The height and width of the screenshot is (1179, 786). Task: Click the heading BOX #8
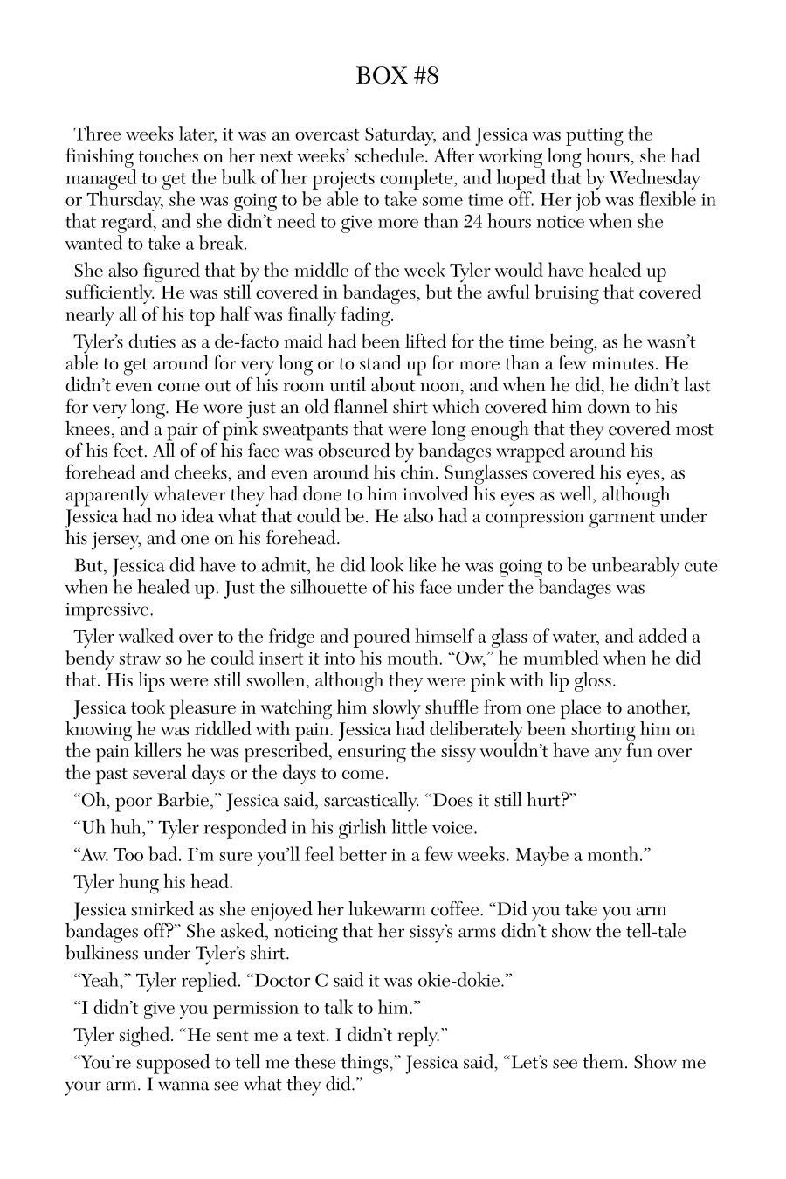click(396, 76)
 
